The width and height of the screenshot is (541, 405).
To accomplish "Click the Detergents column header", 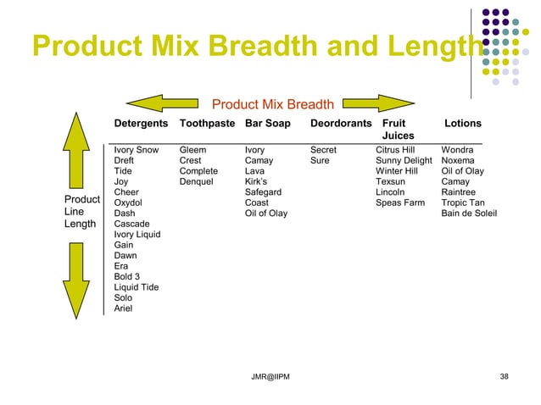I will (x=141, y=124).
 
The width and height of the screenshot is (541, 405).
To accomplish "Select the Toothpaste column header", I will (x=207, y=124).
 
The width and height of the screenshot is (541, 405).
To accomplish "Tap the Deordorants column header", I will (x=341, y=124).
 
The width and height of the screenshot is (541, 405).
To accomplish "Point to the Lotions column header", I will (x=462, y=124).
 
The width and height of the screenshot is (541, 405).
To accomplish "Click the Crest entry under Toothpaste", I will (x=190, y=160).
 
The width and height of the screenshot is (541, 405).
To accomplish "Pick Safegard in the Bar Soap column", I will (x=263, y=192).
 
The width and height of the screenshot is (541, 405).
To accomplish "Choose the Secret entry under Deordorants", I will (x=323, y=150).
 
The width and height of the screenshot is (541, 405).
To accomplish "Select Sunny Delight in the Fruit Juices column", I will (x=404, y=160).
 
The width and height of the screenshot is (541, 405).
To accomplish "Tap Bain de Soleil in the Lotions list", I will (x=469, y=214).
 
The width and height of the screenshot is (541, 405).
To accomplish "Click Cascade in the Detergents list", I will (x=131, y=224).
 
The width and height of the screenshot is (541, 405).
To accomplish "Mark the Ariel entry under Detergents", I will (x=124, y=308).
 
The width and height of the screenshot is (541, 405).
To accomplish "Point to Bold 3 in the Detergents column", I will (x=128, y=277).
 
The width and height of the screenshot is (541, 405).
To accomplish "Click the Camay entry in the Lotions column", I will (x=455, y=181).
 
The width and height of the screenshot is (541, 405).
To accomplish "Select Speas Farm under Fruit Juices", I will (x=400, y=202).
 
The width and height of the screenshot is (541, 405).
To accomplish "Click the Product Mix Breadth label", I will (x=272, y=105).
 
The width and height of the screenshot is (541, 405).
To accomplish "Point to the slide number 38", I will (x=505, y=376).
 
